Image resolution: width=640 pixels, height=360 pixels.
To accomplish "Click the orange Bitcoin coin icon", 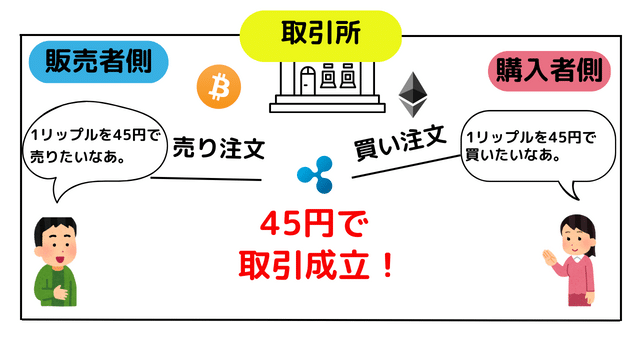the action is [x=219, y=88].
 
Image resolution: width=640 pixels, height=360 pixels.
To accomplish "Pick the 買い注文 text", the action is [x=400, y=142].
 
